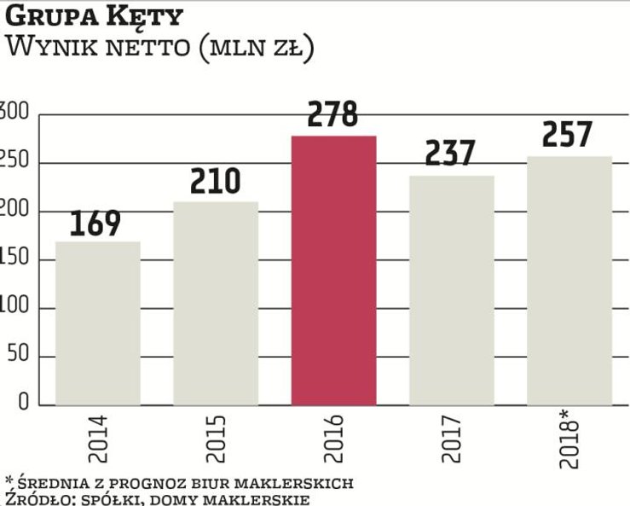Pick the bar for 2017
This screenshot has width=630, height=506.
click(452, 290)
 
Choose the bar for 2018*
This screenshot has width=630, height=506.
click(569, 281)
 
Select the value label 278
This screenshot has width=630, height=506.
click(333, 116)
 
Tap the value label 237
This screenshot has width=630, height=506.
click(452, 154)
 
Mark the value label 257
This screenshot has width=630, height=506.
click(569, 136)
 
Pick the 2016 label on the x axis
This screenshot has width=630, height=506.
click(333, 437)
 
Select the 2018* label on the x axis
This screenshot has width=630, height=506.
click(569, 439)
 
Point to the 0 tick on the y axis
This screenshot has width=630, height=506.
click(24, 404)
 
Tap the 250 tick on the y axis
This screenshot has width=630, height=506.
click(12, 162)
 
